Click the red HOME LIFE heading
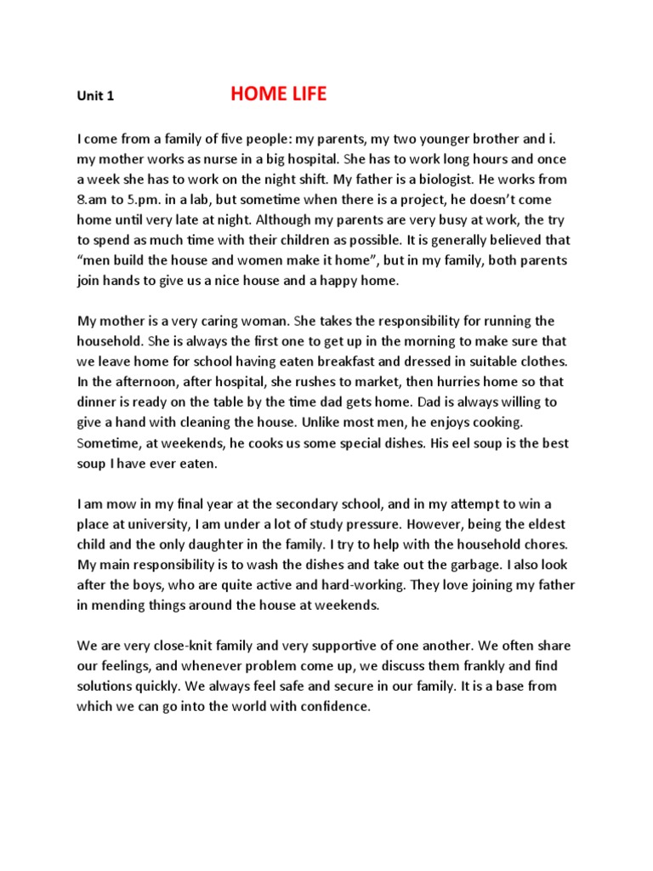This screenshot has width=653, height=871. pos(278,94)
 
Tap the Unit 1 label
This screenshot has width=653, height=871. pos(95,96)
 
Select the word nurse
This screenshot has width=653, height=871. pos(237,159)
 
